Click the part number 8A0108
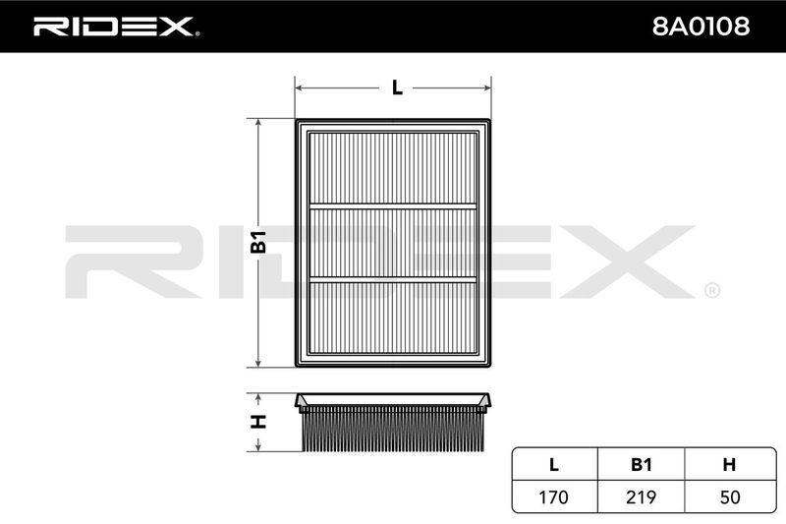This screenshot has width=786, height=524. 701,27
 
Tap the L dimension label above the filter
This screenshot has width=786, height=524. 397,87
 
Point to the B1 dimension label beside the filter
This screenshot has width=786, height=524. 258,242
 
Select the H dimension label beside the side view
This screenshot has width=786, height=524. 258,422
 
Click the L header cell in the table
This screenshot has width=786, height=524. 554,464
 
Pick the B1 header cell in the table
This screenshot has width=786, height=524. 642,464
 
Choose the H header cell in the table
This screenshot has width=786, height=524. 729,464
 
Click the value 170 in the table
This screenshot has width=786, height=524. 553,496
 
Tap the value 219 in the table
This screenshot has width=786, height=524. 642,496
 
